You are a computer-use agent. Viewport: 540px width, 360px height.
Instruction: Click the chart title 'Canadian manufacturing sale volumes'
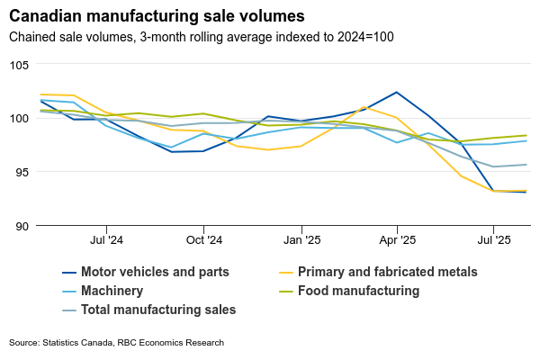click(157, 16)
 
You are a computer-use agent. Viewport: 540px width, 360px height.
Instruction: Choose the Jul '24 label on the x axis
click(107, 240)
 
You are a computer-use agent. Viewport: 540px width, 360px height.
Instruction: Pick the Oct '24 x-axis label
click(204, 240)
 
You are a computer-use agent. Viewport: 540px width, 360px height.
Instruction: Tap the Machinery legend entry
click(112, 291)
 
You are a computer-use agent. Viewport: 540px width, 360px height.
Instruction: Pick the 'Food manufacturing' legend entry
click(358, 291)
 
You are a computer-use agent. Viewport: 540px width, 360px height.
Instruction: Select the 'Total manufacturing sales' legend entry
click(158, 310)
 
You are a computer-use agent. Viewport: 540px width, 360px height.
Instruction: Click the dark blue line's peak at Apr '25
click(397, 92)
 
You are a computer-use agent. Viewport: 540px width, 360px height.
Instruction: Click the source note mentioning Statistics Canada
click(116, 343)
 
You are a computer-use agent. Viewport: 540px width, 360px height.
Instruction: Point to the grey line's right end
click(526, 165)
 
